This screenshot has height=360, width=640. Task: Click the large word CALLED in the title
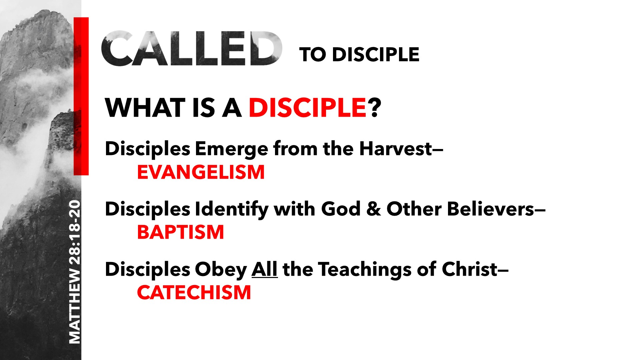[192, 49]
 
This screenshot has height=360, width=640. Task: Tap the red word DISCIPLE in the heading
[308, 108]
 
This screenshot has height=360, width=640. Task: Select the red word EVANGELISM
[201, 172]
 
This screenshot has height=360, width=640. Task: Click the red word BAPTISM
[180, 232]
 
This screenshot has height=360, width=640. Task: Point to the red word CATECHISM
[194, 292]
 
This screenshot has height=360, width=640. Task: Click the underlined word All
[265, 269]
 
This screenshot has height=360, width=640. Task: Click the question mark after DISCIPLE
[374, 108]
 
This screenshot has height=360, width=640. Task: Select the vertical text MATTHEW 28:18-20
[75, 272]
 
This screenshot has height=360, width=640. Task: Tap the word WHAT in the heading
[145, 108]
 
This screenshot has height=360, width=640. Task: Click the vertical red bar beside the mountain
[81, 96]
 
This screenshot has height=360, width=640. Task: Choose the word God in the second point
[341, 209]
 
